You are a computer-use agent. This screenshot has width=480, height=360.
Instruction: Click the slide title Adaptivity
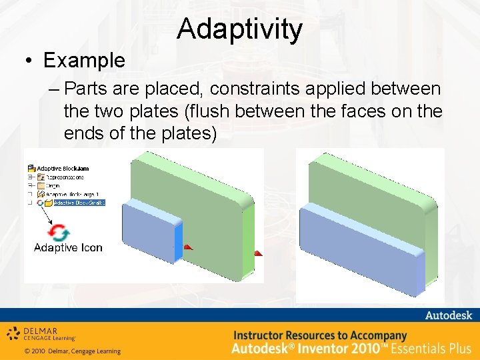click(239, 29)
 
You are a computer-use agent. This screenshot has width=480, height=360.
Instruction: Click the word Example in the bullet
click(84, 60)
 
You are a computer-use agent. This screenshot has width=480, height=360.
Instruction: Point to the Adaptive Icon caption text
click(68, 247)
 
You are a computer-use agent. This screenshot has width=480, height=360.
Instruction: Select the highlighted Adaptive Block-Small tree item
click(79, 203)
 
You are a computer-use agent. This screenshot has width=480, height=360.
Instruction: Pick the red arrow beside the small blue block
click(187, 247)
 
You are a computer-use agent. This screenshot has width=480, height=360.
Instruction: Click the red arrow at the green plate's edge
click(258, 253)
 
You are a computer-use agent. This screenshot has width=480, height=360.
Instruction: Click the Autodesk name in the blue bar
click(448, 315)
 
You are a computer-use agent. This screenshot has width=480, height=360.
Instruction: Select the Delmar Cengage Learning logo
click(42, 333)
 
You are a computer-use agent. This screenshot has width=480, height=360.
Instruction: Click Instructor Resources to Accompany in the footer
click(319, 335)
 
